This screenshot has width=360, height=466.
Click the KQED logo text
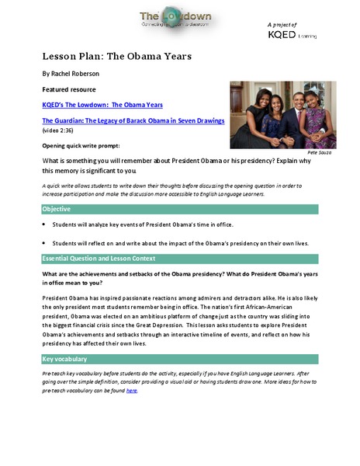pos(303,34)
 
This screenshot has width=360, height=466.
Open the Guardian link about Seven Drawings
pos(133,121)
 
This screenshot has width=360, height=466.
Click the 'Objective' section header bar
pos(179,209)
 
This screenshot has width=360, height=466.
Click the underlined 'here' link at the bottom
pos(132,391)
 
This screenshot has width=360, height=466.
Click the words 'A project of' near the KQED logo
pos(302,24)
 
